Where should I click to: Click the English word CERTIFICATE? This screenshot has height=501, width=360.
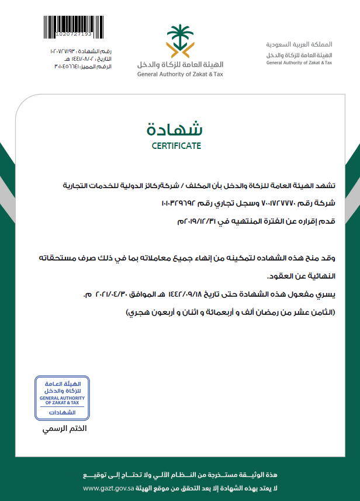(176, 145)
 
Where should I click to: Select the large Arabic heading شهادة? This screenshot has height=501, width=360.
(176, 128)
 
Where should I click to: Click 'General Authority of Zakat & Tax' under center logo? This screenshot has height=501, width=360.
(180, 74)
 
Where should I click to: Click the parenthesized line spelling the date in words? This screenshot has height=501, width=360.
(231, 312)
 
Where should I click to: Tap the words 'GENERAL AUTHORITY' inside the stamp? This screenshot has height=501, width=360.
(63, 398)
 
